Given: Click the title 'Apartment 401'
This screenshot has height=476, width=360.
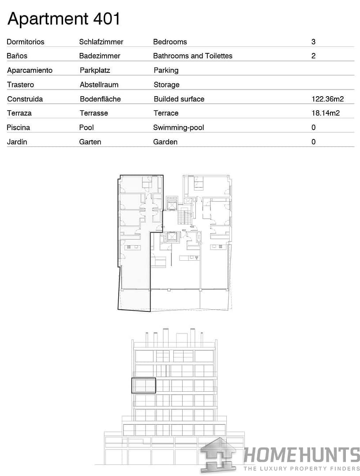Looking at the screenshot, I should [64, 19].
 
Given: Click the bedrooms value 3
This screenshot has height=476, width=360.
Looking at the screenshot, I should [313, 42].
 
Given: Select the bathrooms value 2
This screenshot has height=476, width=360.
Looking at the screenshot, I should [313, 56].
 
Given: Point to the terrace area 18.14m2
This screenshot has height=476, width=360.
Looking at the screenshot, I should [326, 113].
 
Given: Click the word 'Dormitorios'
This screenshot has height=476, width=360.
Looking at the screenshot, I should [26, 42].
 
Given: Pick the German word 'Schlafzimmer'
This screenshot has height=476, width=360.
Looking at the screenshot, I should [101, 42].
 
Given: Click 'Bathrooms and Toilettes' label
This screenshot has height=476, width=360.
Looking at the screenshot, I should [192, 56].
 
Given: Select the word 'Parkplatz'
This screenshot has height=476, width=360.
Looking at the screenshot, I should [95, 70].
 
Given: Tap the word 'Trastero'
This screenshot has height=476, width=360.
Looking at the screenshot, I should [20, 85].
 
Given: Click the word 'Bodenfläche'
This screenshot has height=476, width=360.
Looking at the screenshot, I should [100, 99].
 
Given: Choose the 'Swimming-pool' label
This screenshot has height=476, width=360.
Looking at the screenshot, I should [178, 127].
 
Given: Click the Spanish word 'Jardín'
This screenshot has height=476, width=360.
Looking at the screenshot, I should [17, 142].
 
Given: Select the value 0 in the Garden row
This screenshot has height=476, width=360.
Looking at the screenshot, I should [313, 142].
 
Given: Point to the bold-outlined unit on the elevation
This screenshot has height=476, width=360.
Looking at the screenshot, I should [144, 386].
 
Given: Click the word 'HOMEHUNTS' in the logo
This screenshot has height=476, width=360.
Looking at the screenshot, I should [302, 455].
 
